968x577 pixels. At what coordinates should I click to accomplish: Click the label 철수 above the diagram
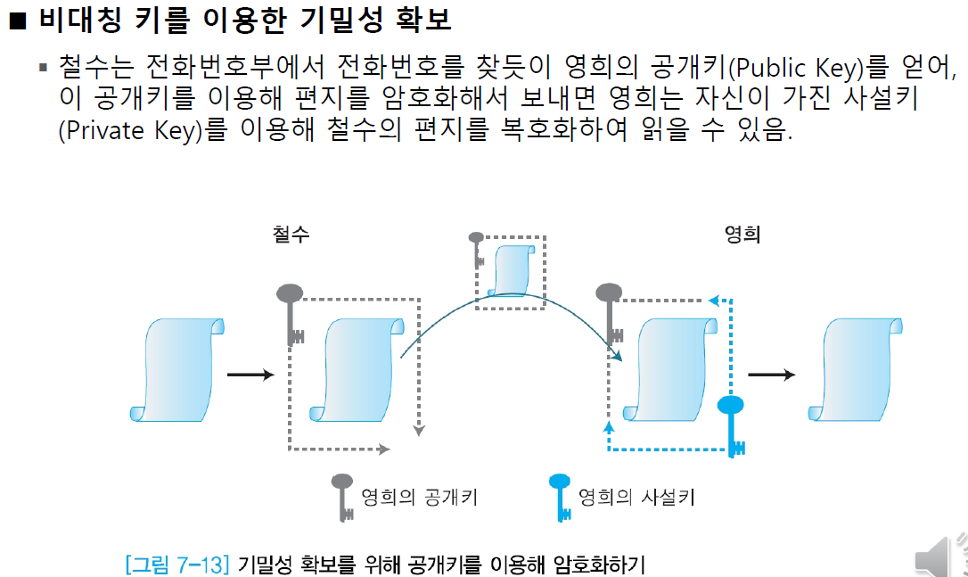291,235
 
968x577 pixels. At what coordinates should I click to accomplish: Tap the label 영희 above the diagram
742,235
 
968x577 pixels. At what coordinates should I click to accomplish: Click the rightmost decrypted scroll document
858,367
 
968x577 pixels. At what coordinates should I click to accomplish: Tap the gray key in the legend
341,497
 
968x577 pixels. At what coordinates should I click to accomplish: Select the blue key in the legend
560,497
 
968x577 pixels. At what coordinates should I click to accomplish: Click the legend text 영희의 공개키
418,497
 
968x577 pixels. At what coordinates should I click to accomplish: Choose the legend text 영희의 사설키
636,497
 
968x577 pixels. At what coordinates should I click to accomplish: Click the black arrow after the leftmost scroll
250,375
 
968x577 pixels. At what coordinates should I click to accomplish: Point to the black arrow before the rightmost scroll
771,375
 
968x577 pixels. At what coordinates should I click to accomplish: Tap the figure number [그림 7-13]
178,564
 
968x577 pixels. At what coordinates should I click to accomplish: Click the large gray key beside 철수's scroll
291,312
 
